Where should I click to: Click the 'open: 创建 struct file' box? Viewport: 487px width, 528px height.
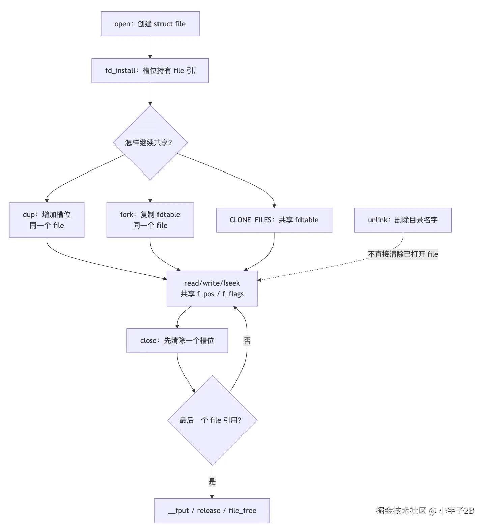click(150, 24)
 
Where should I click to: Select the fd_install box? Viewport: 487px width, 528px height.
click(150, 71)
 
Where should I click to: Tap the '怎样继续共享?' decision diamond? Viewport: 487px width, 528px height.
click(150, 142)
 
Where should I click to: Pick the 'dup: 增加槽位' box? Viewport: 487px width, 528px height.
click(47, 220)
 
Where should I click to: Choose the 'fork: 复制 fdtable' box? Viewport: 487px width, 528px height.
click(150, 220)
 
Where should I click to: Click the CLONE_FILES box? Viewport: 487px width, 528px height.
click(274, 220)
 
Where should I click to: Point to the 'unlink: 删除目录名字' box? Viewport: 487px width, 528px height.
click(403, 220)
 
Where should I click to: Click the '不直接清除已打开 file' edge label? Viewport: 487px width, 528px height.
click(403, 254)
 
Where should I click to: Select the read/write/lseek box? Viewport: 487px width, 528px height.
click(212, 289)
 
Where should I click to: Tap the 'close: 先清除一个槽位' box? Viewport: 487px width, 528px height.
click(177, 341)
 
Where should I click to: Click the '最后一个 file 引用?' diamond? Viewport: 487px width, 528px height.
click(212, 420)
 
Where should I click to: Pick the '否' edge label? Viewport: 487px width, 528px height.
click(247, 340)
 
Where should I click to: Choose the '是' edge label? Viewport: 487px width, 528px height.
click(212, 481)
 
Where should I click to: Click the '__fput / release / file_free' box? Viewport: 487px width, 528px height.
click(212, 511)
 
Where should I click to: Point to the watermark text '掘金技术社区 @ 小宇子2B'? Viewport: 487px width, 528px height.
click(425, 510)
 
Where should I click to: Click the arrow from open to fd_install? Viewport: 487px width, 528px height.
click(150, 47)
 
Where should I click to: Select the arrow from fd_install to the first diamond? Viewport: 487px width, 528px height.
click(150, 94)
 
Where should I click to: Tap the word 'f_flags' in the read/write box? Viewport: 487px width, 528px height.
click(233, 294)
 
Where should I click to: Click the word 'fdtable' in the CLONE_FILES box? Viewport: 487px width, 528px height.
click(307, 220)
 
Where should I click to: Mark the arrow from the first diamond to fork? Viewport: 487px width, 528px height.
click(150, 191)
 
